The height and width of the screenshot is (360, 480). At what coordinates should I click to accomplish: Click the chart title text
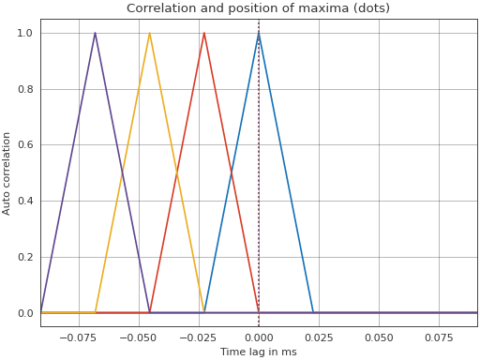(x=258, y=8)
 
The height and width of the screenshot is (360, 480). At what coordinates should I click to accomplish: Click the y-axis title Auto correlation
(x=7, y=172)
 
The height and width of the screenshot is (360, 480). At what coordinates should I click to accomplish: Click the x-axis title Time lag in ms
(x=258, y=352)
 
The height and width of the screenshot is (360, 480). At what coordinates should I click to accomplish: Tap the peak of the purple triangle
(x=95, y=33)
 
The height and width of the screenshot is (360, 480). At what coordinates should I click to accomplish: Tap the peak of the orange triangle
(x=149, y=33)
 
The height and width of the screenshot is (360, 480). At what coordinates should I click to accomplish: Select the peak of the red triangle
(x=204, y=33)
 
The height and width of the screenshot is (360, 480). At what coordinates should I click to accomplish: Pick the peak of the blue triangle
(x=259, y=33)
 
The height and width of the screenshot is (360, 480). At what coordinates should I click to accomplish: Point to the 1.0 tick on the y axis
(x=25, y=33)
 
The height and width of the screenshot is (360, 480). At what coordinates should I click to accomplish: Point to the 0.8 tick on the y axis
(x=25, y=89)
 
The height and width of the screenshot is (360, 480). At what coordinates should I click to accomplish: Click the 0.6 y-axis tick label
(x=25, y=145)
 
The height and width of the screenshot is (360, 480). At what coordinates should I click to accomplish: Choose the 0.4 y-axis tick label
(x=25, y=201)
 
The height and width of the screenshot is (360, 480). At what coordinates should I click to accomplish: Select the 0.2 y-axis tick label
(x=25, y=257)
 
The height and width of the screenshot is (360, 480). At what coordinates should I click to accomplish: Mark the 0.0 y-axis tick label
(x=25, y=313)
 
